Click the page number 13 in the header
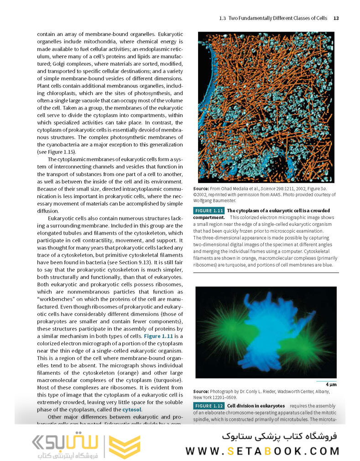[x=336, y=18]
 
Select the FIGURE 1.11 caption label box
[x=209, y=211]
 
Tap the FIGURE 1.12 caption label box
[x=209, y=406]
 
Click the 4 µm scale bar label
[x=331, y=384]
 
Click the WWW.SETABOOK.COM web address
[x=262, y=451]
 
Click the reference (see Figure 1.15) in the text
[x=57, y=152]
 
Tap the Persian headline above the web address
[x=279, y=436]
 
